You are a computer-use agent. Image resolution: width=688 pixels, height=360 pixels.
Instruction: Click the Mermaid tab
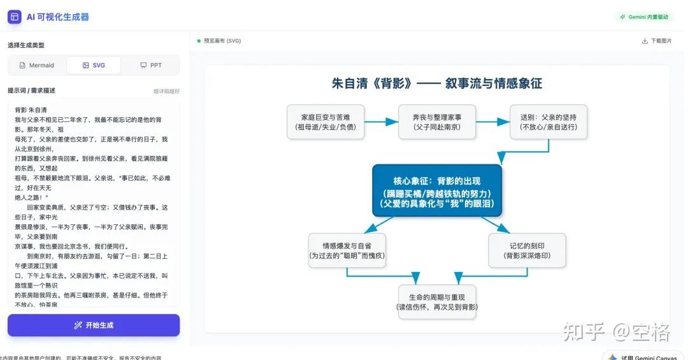tap(37, 66)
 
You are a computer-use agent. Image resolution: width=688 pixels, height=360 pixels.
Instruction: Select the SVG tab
tap(94, 66)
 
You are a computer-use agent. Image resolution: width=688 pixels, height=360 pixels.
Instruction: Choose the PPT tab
tap(151, 66)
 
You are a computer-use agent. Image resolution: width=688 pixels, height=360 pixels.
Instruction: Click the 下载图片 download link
tap(657, 41)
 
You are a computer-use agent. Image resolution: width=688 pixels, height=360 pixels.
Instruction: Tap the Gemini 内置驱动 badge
tap(644, 17)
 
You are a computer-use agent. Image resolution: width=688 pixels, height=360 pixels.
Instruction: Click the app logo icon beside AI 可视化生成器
tap(15, 17)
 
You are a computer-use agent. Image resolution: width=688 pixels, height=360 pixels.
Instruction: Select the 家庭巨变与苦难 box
tap(326, 122)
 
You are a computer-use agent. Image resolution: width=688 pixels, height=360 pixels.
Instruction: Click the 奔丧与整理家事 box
tap(437, 122)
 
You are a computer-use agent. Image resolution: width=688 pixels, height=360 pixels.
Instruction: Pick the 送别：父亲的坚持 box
tap(548, 122)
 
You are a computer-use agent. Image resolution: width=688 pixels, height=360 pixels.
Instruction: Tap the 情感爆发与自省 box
tap(347, 250)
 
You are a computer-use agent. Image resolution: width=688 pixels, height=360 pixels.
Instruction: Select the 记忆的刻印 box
tap(527, 250)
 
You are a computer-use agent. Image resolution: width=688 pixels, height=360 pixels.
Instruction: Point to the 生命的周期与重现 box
tap(437, 302)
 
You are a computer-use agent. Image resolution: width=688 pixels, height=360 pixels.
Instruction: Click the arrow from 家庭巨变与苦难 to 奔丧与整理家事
tap(381, 122)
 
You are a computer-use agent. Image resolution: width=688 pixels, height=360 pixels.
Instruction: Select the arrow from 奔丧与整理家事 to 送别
tap(492, 122)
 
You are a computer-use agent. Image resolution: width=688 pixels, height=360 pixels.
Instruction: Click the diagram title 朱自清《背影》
tap(437, 83)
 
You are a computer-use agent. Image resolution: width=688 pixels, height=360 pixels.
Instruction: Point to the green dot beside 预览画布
tap(199, 41)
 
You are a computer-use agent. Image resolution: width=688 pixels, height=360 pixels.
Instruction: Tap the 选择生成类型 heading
tap(26, 45)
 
